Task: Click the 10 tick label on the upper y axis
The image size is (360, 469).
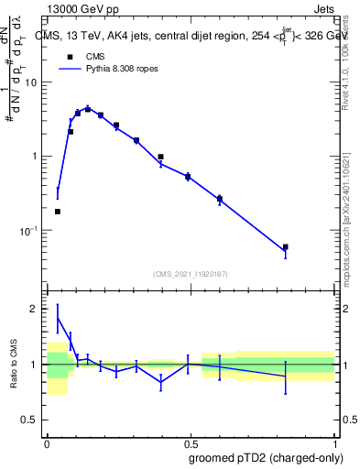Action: tap(30, 82)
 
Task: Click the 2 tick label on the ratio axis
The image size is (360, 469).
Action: tap(36, 309)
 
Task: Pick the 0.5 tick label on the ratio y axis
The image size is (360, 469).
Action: tap(30, 420)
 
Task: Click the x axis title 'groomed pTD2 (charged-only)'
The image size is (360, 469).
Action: tap(265, 458)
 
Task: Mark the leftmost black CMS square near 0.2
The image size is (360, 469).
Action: tap(58, 212)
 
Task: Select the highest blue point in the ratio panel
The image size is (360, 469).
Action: tap(58, 318)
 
